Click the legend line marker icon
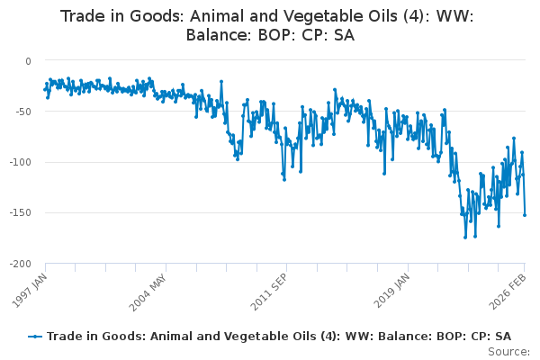(x=35, y=337)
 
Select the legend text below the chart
(x=279, y=337)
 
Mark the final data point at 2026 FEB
(x=525, y=215)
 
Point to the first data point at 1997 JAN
(x=43, y=89)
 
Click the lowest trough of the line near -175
(x=465, y=237)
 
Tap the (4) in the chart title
(x=381, y=16)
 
